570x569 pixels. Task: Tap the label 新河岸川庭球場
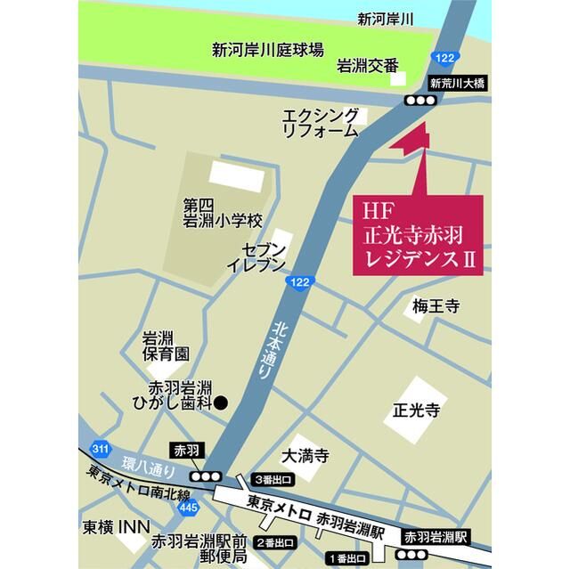click(x=267, y=50)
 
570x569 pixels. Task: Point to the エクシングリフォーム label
click(x=321, y=123)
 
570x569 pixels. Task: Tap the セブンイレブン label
click(x=256, y=257)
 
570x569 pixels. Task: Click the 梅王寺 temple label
click(x=435, y=306)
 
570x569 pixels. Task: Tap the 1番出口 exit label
click(x=349, y=558)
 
